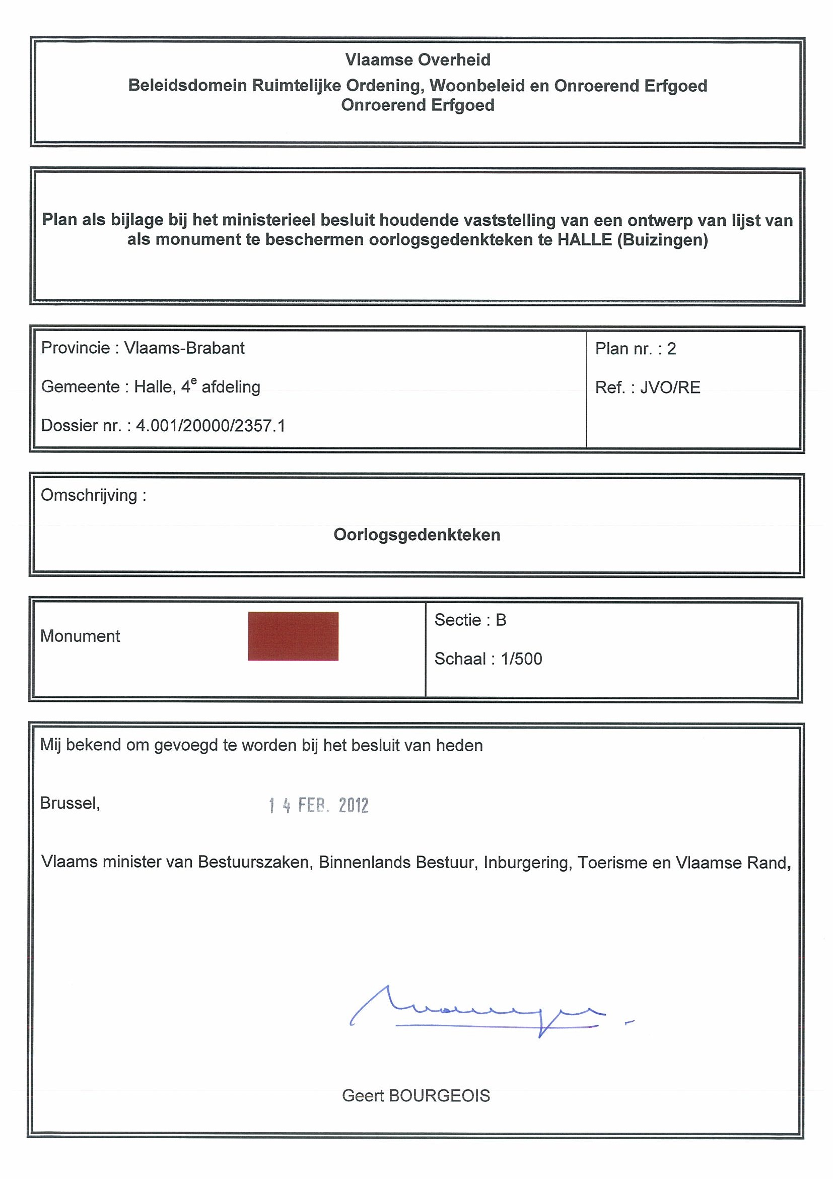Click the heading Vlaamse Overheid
418,60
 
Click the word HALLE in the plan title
585,240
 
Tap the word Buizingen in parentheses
662,240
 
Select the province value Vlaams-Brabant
184,348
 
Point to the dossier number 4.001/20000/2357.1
211,426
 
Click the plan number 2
671,349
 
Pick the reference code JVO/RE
670,387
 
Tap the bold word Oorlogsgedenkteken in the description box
417,535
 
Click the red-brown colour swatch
293,636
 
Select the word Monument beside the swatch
80,636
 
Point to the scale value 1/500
521,659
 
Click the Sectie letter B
501,620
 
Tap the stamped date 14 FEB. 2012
319,805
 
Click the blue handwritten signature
477,1012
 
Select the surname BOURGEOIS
439,1096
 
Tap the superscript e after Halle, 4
193,381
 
